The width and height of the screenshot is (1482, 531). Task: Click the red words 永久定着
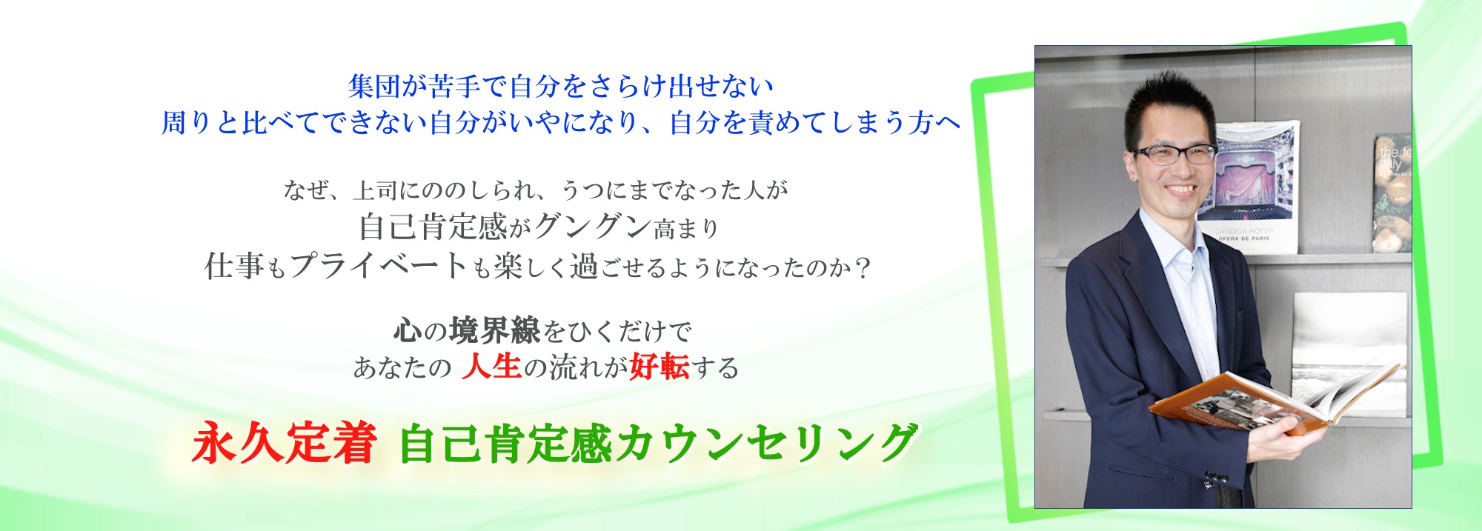284,444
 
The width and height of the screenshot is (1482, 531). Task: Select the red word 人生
492,367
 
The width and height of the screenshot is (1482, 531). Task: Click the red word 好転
659,367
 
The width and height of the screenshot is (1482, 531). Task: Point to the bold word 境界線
495,330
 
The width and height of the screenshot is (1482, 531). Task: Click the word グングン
593,227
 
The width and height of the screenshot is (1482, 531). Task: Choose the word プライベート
379,266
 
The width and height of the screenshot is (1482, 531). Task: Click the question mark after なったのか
862,267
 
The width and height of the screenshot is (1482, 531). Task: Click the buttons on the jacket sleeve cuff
1211,479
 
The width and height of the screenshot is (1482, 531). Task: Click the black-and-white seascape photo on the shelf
1349,354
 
